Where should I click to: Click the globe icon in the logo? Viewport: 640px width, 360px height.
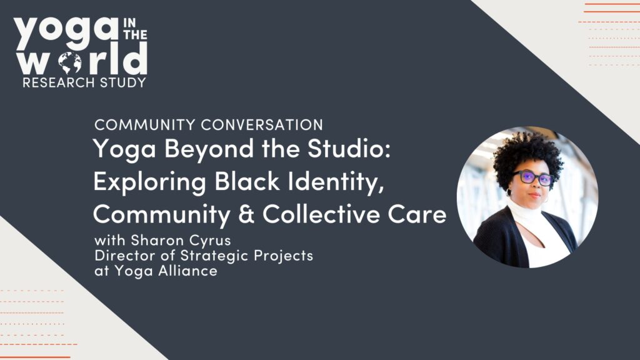pos(70,63)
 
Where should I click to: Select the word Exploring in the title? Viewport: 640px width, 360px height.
pos(150,182)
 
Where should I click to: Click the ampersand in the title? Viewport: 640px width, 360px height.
pos(246,214)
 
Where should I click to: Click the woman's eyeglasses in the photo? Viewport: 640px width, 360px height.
pos(533,177)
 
